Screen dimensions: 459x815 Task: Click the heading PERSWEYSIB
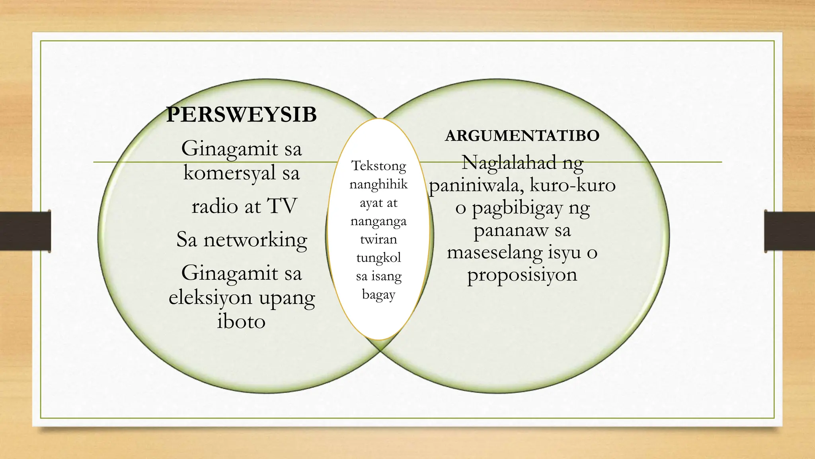[x=241, y=115]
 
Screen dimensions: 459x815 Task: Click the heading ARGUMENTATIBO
[x=522, y=136]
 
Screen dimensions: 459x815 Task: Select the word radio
[x=215, y=206]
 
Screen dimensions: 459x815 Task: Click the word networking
[x=255, y=240]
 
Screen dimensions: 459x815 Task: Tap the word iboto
[x=241, y=322]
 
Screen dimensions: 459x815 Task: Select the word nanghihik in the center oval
[x=378, y=184]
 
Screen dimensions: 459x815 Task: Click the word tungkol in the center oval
[x=378, y=258]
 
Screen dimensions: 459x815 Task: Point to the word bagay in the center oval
[x=378, y=295]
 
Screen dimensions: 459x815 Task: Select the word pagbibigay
[x=517, y=208]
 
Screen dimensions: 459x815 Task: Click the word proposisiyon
[x=522, y=275]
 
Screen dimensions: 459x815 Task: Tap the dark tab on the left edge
[x=25, y=231]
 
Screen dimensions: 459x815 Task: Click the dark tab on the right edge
[x=790, y=231]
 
